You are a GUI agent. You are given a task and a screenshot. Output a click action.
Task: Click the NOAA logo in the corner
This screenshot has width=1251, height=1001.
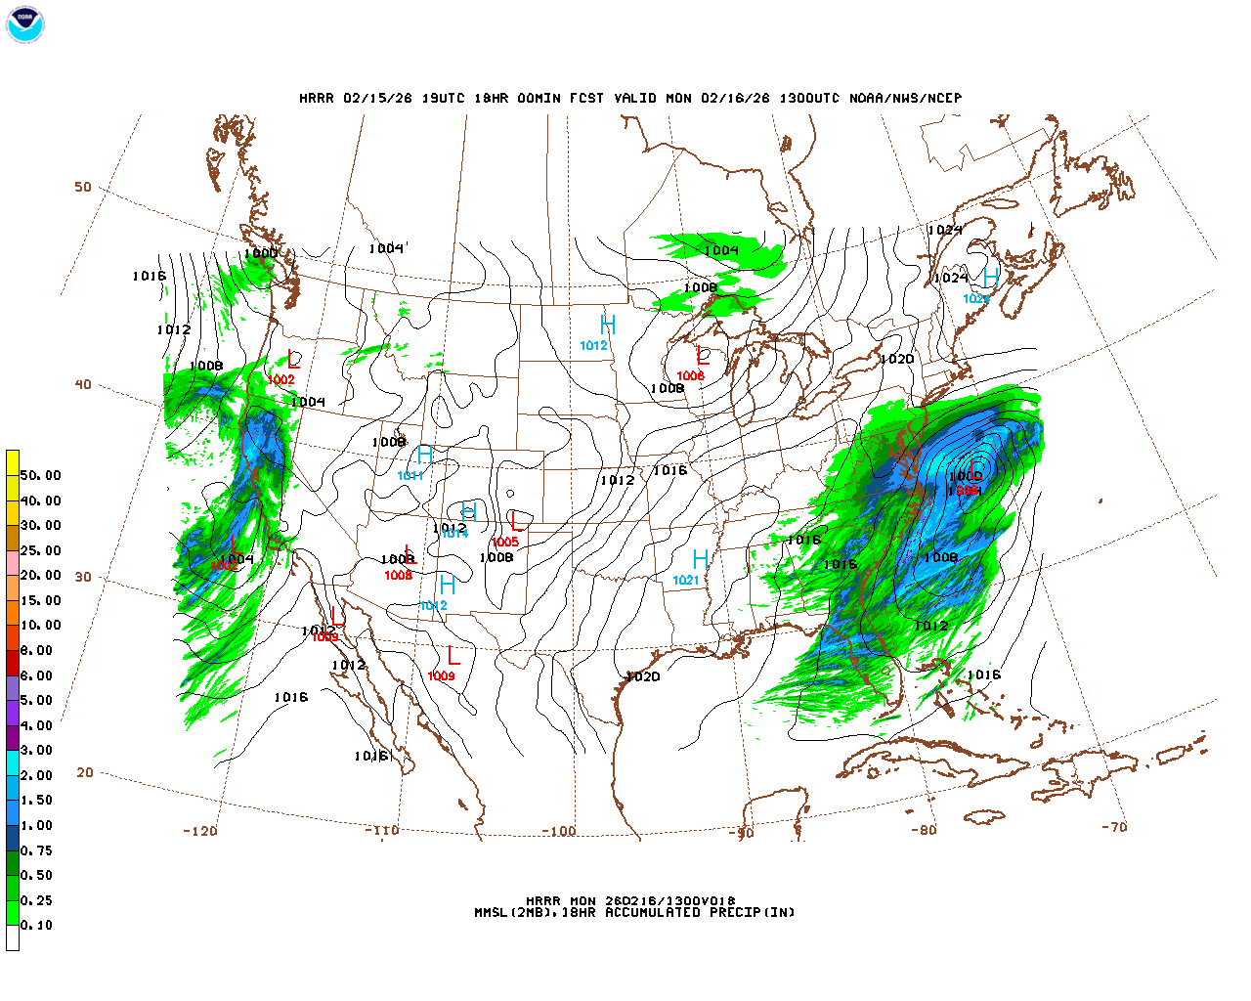[24, 24]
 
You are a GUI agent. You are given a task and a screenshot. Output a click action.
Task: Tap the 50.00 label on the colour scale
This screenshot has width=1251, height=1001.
[40, 476]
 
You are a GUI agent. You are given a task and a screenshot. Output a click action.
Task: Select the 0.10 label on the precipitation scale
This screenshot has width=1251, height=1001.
[37, 925]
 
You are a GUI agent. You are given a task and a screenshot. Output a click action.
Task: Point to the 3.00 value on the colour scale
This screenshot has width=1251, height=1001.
[37, 751]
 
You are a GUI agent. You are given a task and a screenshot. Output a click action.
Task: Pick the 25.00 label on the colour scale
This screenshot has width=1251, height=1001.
[40, 550]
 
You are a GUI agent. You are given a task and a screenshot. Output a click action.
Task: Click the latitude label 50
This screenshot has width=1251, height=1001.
[83, 188]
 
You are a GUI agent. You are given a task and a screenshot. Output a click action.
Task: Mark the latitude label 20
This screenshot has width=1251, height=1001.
[85, 772]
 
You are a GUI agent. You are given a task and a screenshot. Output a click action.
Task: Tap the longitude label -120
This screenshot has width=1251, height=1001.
[199, 831]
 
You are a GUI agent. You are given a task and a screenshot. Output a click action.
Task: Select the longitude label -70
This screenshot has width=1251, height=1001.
[1114, 827]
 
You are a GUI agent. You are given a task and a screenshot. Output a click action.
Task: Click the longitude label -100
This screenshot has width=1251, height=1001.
[559, 832]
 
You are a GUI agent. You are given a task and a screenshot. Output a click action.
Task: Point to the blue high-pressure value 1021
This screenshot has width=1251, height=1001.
[686, 581]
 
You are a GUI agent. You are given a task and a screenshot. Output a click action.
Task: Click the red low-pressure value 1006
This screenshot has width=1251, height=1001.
[690, 376]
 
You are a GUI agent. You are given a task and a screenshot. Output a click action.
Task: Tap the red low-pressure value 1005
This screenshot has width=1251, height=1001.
[505, 543]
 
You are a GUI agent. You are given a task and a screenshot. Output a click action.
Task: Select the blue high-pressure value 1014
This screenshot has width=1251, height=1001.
[454, 534]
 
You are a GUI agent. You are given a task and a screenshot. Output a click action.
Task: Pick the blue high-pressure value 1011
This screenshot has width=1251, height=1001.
[410, 476]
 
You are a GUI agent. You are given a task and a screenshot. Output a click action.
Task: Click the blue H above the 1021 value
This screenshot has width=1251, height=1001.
[701, 560]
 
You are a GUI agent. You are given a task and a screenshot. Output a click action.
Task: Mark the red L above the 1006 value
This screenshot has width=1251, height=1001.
[702, 356]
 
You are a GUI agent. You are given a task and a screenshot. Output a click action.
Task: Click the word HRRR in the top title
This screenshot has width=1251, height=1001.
[317, 99]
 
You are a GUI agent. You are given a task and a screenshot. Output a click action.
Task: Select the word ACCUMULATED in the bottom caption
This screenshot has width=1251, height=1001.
[653, 913]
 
